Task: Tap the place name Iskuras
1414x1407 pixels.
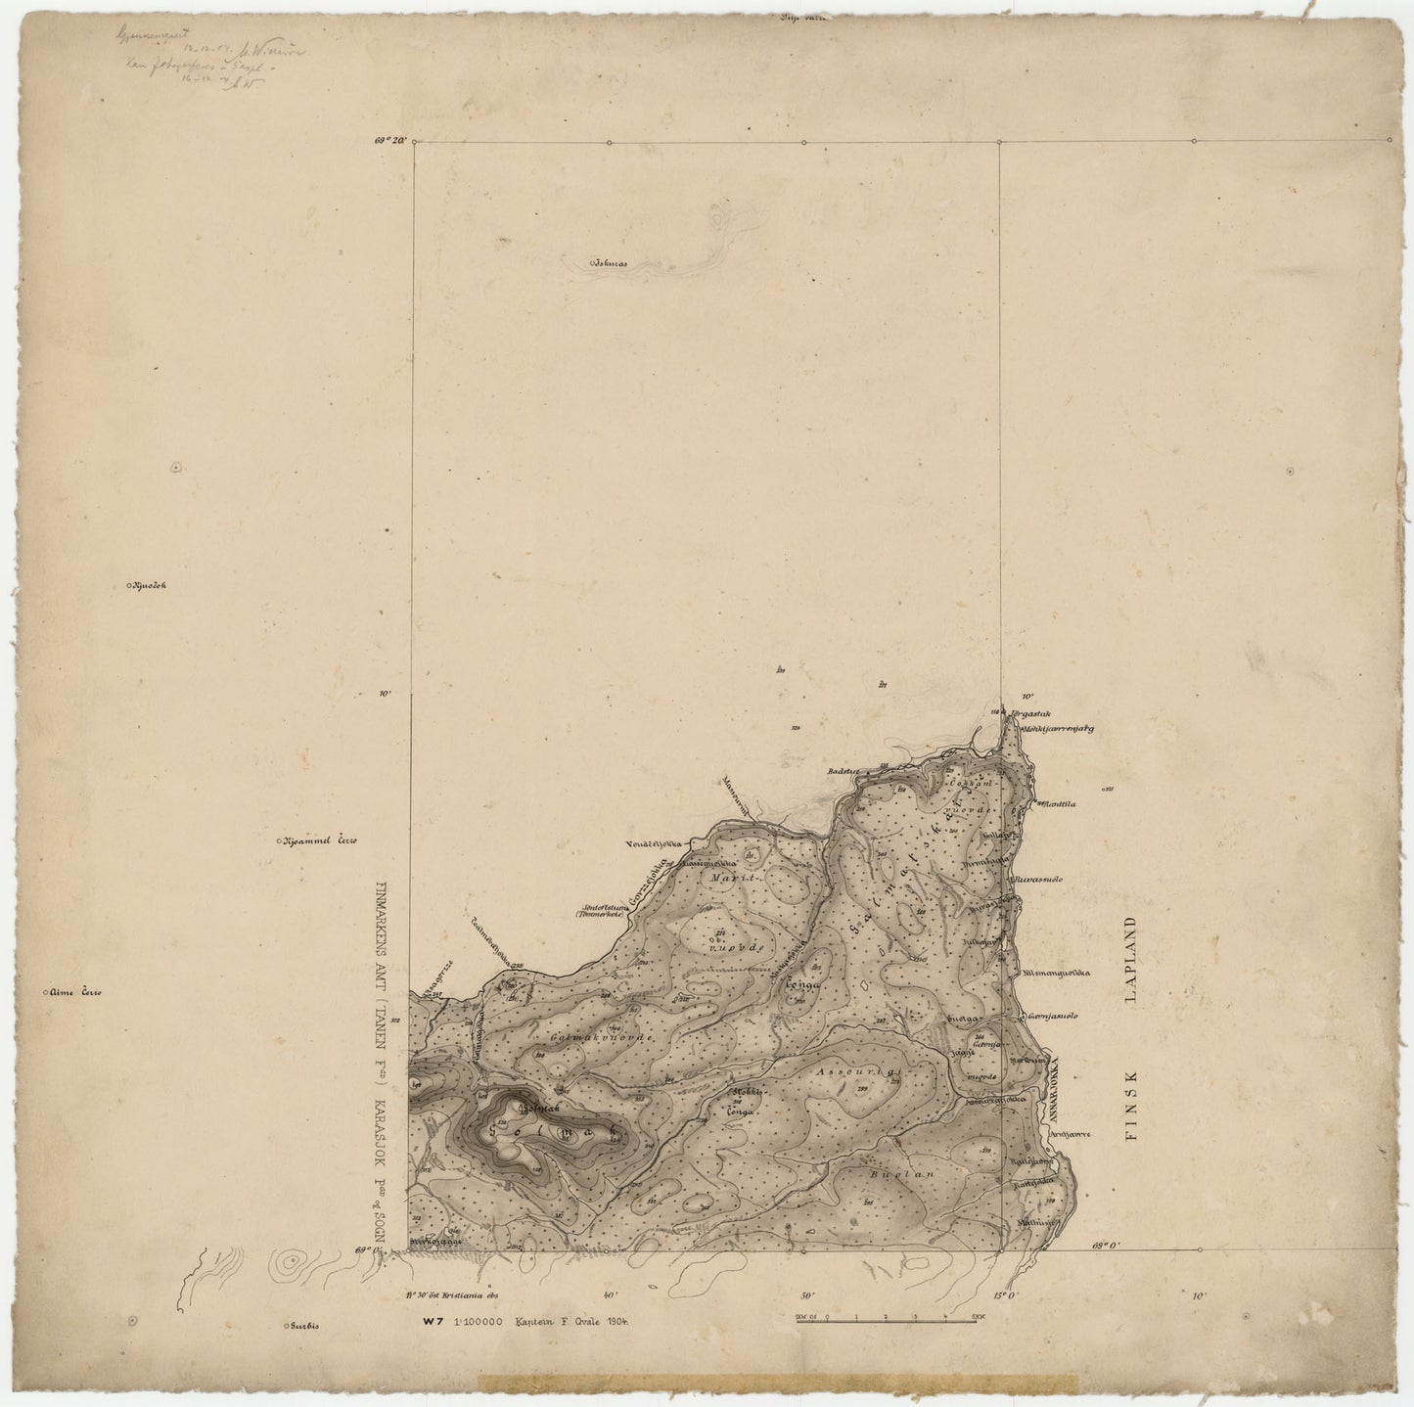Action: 610,263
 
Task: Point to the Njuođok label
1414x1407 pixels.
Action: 149,587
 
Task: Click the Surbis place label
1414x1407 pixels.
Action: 303,1326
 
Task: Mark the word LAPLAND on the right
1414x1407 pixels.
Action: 1136,964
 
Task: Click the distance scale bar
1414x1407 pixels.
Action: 888,1316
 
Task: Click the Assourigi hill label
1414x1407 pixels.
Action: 857,1072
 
